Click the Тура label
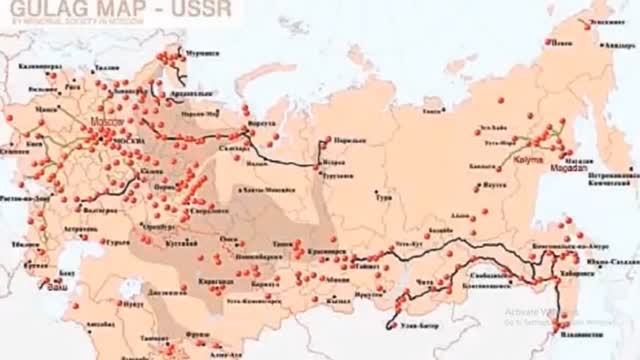(382, 197)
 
